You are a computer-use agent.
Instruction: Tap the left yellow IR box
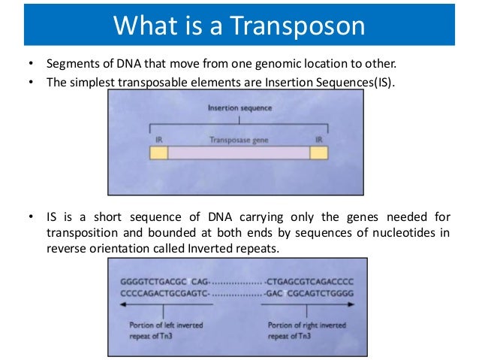tap(158, 153)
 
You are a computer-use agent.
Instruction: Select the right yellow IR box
tap(319, 153)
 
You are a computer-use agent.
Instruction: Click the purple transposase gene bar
tap(238, 153)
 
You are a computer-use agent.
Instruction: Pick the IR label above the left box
tap(158, 140)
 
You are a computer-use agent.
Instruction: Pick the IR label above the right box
tap(318, 140)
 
